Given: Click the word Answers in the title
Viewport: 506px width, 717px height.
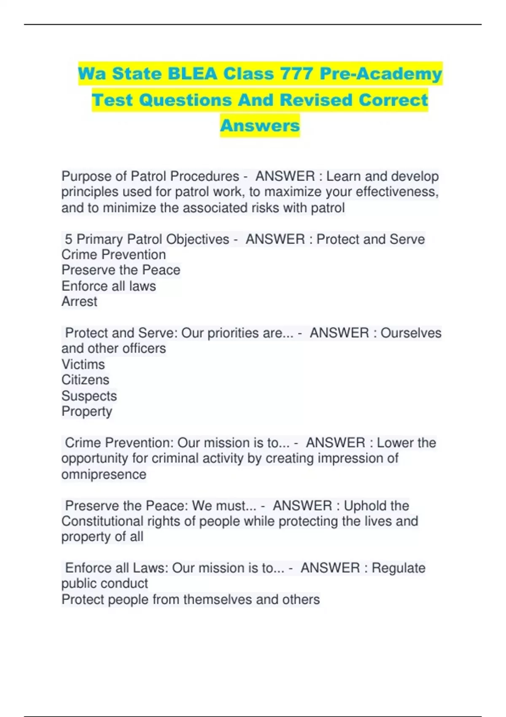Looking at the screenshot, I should pos(260,125).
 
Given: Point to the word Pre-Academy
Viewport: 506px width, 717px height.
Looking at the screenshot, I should pos(381,74).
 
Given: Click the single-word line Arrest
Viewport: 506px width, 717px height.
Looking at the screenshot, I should pos(79,302).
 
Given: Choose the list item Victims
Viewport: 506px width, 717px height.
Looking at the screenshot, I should pos(83,364).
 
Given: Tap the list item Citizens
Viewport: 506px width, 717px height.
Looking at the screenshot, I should pos(85,380).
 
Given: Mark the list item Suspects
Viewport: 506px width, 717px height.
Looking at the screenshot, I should pos(89,396).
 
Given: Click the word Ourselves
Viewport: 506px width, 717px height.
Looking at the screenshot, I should pos(411,333).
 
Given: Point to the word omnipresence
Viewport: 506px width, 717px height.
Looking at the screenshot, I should pos(104,474).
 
